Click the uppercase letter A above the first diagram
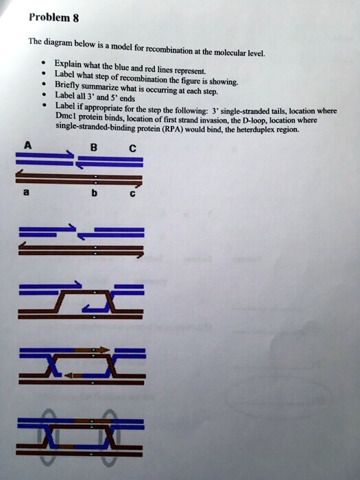click(x=28, y=145)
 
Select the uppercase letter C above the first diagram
click(x=132, y=147)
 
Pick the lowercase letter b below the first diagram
click(x=95, y=195)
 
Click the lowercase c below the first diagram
click(x=132, y=195)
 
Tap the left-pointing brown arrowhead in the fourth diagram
click(x=69, y=375)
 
